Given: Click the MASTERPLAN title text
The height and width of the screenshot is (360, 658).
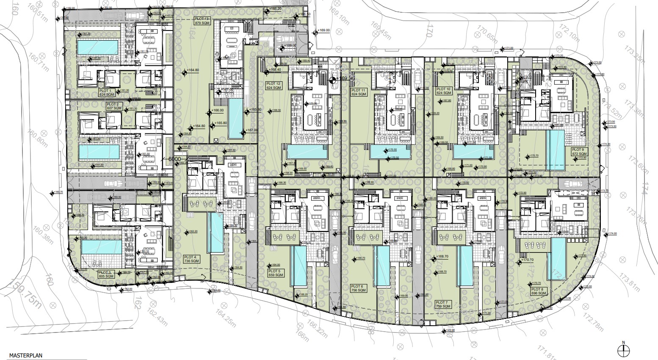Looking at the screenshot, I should [26, 357].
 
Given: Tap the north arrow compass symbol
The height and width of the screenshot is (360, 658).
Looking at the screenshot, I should [623, 349].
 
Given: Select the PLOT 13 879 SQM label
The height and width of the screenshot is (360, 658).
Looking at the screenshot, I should [202, 21].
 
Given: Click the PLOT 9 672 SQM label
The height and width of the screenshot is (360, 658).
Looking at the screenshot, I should [579, 152].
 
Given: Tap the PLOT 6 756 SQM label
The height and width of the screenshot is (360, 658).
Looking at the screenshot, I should [359, 289].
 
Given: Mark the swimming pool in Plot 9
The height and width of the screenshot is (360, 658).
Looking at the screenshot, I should [555, 150].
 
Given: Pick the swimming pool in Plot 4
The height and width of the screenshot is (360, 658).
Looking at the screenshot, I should [216, 233].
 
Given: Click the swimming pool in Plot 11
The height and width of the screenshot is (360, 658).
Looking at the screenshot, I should [390, 152].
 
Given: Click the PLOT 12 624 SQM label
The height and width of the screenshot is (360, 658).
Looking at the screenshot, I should [273, 86].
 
